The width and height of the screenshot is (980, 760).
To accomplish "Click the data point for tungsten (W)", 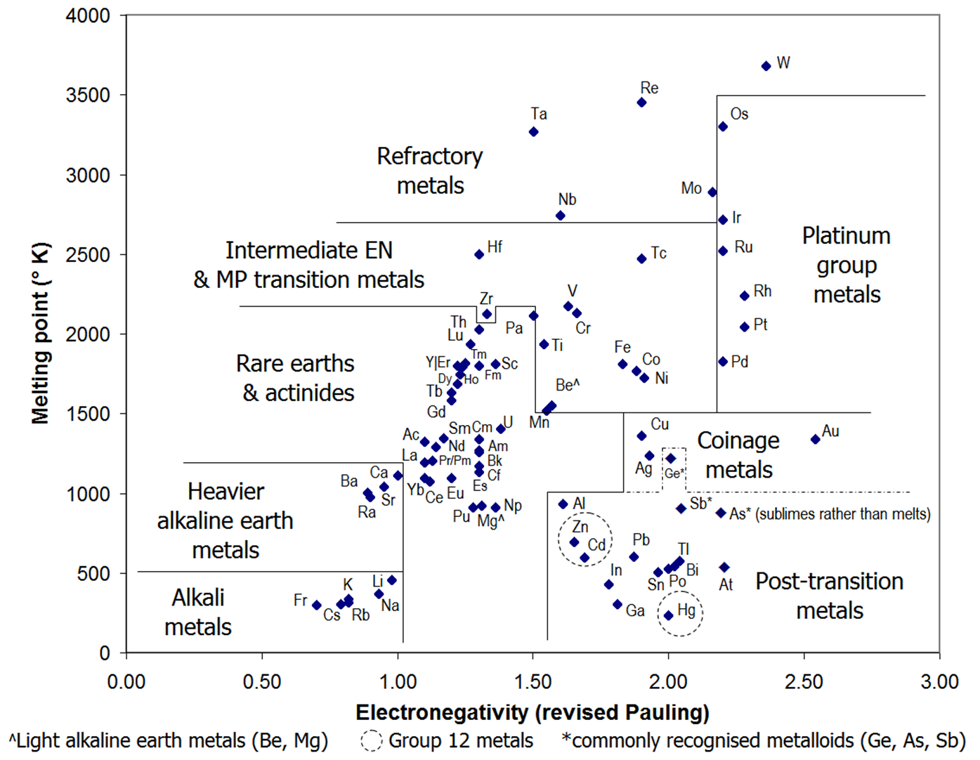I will tap(766, 66).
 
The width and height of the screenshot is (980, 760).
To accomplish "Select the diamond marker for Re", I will tap(641, 103).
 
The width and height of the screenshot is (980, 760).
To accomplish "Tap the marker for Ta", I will tap(534, 132).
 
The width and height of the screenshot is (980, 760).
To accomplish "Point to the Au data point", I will tap(816, 440).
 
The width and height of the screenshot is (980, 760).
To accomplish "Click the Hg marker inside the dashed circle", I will tap(669, 615).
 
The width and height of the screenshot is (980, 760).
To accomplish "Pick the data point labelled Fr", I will tap(317, 605).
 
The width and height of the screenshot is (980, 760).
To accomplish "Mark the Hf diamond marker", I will tap(479, 254).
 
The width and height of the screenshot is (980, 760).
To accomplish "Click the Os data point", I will tap(723, 126).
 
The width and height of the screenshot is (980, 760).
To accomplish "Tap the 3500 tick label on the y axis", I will tap(88, 95).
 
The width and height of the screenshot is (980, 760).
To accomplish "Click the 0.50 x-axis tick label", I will tap(262, 681).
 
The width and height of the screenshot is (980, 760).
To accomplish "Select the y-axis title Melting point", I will tap(40, 334).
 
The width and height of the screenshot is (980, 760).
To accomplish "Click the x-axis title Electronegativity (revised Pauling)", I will tap(533, 712).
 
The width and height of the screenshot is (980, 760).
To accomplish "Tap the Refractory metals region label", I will tap(430, 171).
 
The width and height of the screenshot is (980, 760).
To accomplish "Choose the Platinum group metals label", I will tap(847, 265).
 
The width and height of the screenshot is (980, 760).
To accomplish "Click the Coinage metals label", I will tap(738, 454).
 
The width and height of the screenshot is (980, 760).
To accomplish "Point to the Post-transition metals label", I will tap(830, 596).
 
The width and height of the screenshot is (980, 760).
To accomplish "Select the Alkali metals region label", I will tap(198, 612).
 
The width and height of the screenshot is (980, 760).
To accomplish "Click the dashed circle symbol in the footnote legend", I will tap(372, 740).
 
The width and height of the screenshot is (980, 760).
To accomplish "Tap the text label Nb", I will tap(567, 199).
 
